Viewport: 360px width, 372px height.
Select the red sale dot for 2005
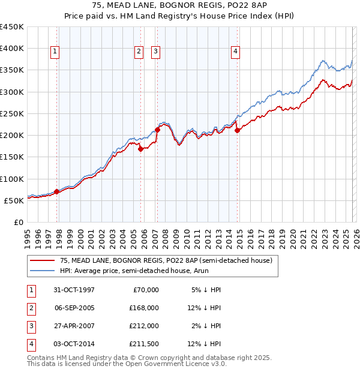tap(140, 149)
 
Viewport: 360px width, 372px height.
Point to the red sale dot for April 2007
tap(158, 130)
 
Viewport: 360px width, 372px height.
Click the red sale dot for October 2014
tap(237, 130)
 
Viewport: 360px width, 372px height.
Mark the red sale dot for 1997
tap(57, 192)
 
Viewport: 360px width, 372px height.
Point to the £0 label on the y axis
tap(18, 222)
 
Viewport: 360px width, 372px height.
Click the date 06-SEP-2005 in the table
tap(74, 307)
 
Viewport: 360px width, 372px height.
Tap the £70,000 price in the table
tap(145, 289)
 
